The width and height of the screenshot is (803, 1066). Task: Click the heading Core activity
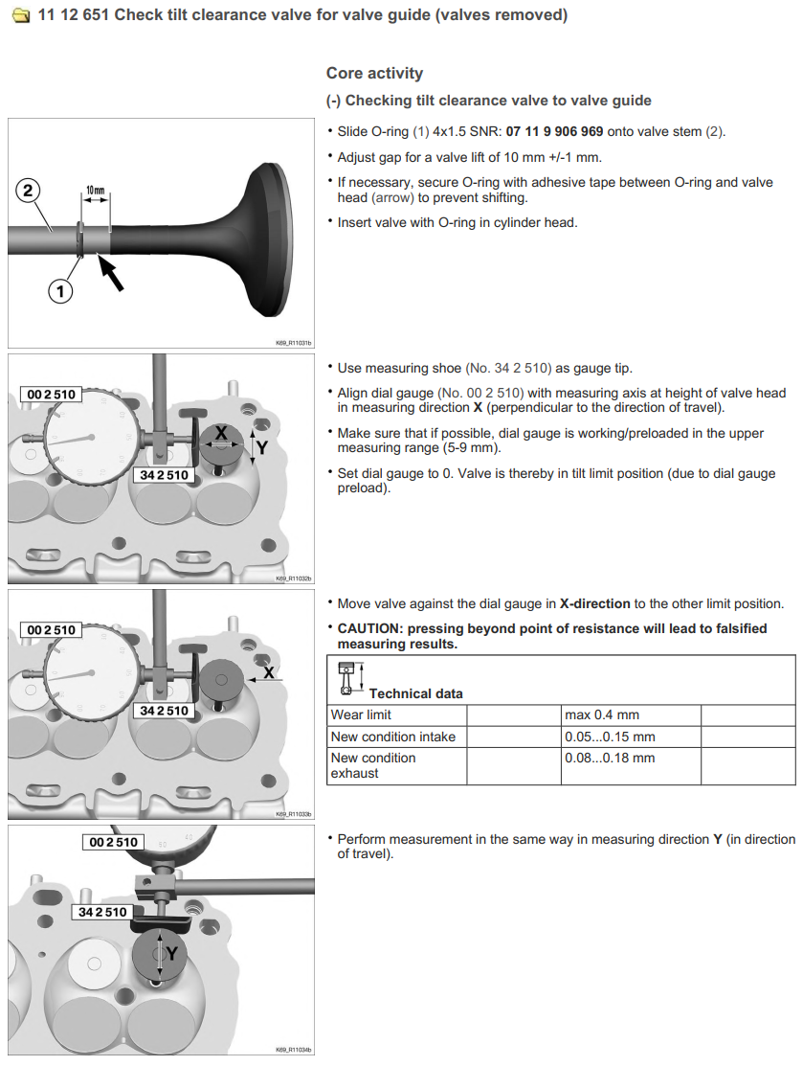pos(374,74)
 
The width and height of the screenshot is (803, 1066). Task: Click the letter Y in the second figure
pos(261,446)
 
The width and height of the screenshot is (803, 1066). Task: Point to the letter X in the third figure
pos(269,672)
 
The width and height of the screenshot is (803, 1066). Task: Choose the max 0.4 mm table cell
pos(602,714)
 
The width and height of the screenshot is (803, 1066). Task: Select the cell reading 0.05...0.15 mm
pos(610,737)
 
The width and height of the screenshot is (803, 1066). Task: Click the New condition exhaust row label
pos(373,765)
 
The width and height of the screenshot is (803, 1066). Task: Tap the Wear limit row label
pos(361,714)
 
